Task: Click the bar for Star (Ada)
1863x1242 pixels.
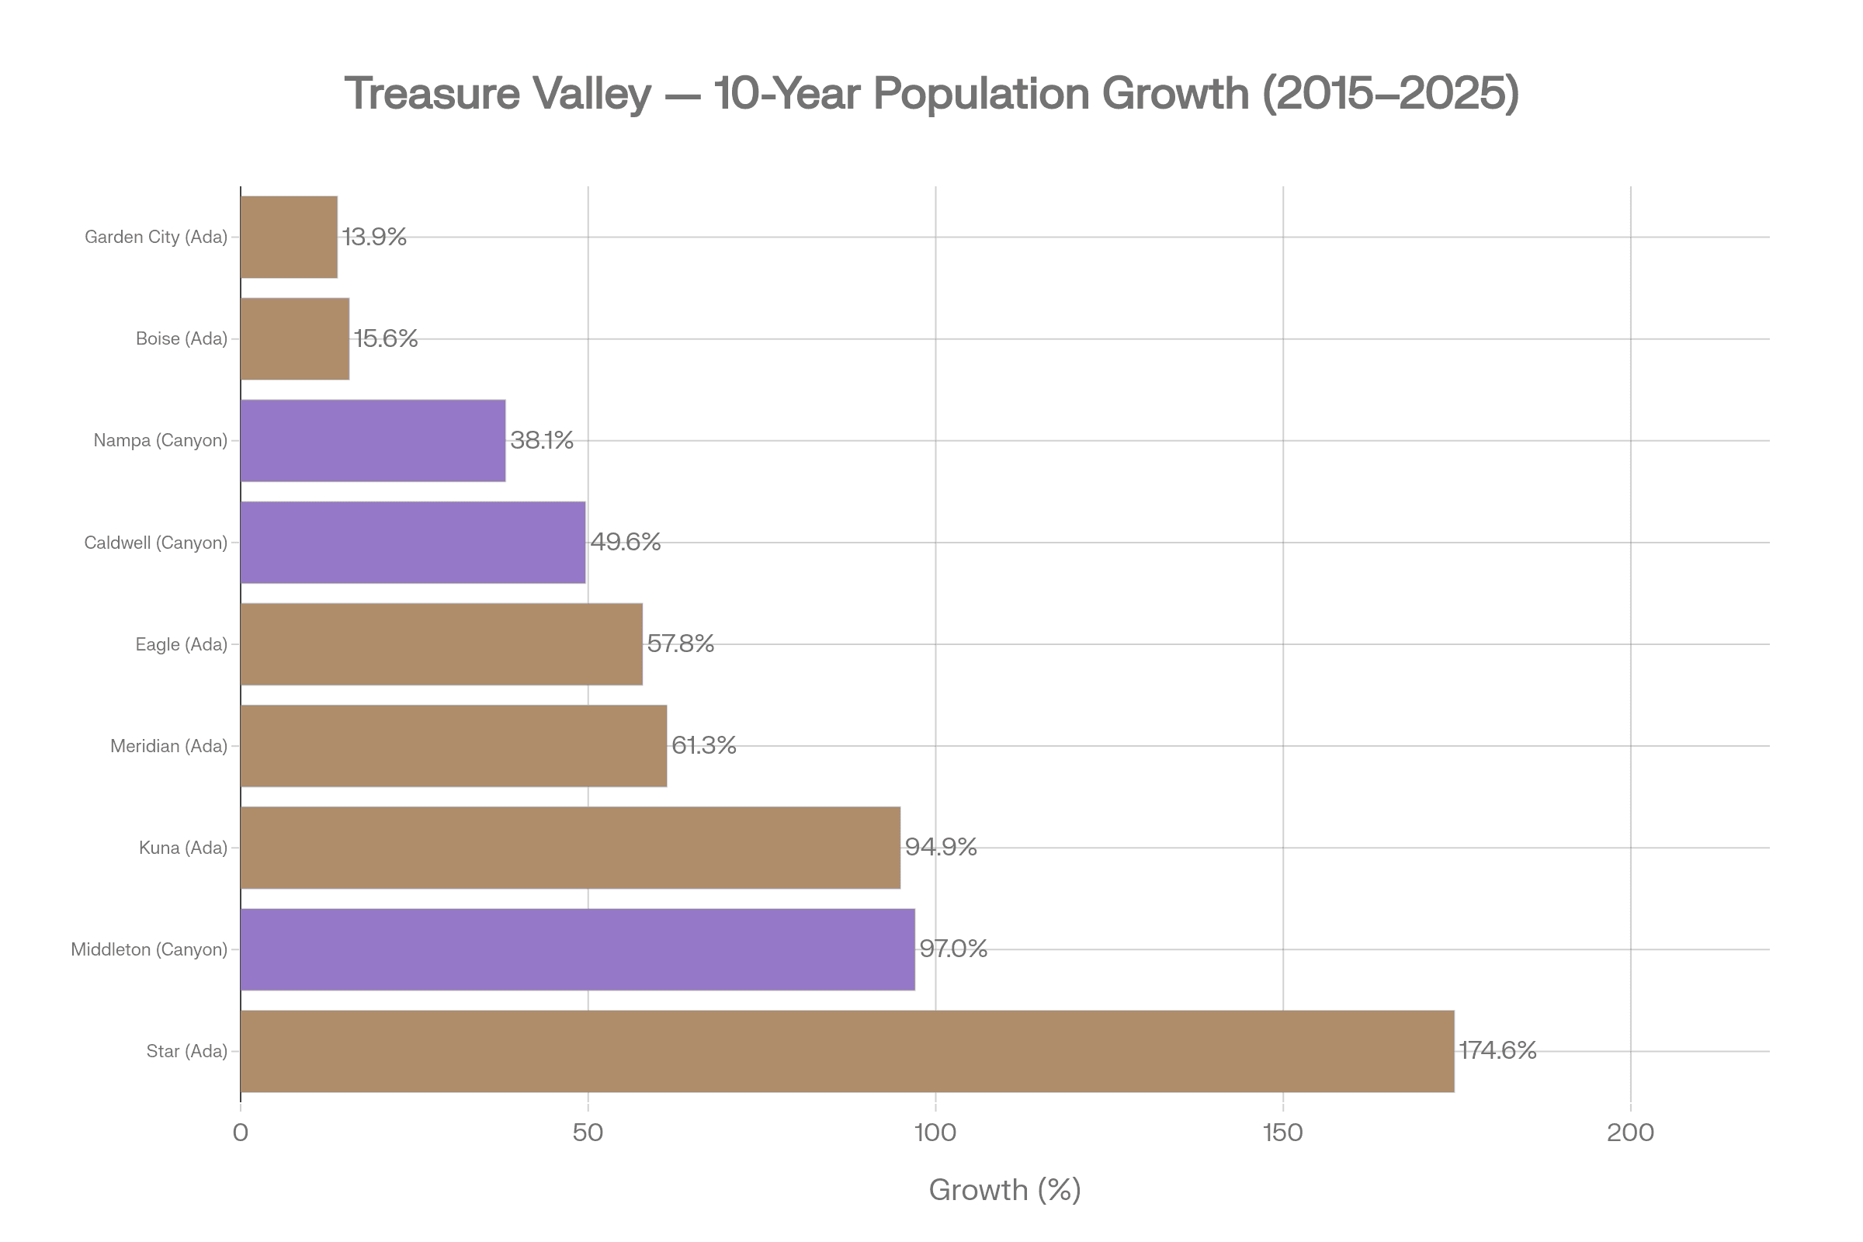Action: point(847,1051)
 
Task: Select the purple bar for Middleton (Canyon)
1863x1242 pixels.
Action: point(578,949)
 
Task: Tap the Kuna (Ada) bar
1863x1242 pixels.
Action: point(571,848)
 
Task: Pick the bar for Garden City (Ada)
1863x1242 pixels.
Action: point(289,237)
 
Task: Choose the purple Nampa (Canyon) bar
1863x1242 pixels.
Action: point(373,440)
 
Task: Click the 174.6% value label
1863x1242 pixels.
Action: point(1497,1050)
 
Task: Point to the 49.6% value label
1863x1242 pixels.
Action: point(626,542)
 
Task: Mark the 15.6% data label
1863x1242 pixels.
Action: point(385,338)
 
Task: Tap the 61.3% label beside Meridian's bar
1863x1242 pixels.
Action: point(703,745)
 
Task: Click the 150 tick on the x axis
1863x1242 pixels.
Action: point(1282,1133)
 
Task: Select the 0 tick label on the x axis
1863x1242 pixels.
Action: point(241,1133)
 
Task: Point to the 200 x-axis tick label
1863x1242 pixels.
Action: point(1630,1133)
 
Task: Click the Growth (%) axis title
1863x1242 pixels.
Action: point(1004,1190)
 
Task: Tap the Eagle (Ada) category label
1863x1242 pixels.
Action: point(181,644)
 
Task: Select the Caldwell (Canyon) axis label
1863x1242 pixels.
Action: point(155,543)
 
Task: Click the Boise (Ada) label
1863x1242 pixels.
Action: point(181,338)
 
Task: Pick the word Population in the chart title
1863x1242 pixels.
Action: point(981,93)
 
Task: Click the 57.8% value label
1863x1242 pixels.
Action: point(681,644)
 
